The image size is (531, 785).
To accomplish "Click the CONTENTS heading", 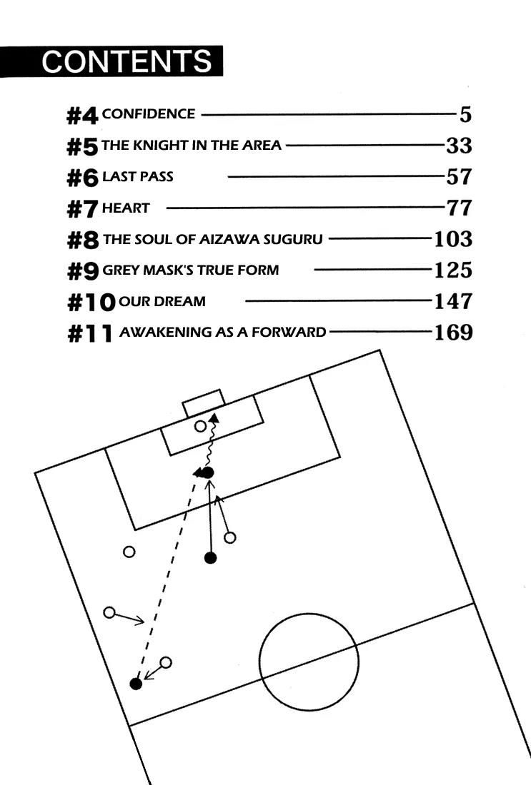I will pyautogui.click(x=126, y=61).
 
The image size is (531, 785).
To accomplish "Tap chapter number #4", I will pyautogui.click(x=82, y=114).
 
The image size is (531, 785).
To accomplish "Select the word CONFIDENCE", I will pyautogui.click(x=149, y=113).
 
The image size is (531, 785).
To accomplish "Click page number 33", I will pyautogui.click(x=459, y=146).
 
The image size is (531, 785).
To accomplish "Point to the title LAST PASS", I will pyautogui.click(x=137, y=176).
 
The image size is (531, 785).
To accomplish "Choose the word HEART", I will pyautogui.click(x=126, y=208).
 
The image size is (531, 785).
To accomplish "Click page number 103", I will pyautogui.click(x=453, y=238).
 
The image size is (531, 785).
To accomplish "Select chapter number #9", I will pyautogui.click(x=82, y=270).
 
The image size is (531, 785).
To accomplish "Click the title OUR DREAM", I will pyautogui.click(x=162, y=301).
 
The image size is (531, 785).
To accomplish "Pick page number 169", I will pyautogui.click(x=453, y=332).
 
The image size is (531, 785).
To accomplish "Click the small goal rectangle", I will pyautogui.click(x=204, y=403).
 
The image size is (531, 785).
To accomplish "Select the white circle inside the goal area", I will pyautogui.click(x=201, y=427).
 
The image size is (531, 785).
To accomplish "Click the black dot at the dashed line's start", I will pyautogui.click(x=136, y=684).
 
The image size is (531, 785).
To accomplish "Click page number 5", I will pyautogui.click(x=465, y=114).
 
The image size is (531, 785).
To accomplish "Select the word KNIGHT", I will pyautogui.click(x=158, y=146).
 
